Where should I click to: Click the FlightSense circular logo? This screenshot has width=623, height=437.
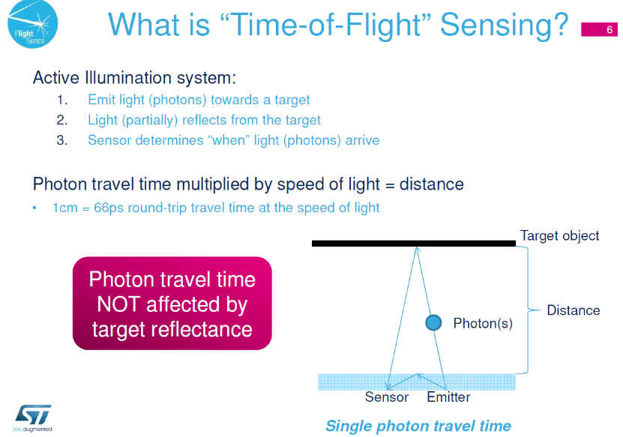(32, 24)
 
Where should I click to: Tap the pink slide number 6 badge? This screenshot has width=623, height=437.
(599, 29)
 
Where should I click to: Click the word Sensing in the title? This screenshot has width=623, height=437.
(505, 25)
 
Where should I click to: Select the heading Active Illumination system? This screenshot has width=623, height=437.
(134, 78)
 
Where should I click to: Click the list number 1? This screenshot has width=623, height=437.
(61, 100)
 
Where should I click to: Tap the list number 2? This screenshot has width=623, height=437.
(61, 120)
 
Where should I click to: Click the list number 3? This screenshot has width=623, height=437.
(61, 140)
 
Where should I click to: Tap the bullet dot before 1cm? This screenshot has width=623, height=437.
(34, 208)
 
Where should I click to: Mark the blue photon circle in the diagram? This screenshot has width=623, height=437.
(433, 322)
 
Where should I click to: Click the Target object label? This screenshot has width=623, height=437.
(559, 236)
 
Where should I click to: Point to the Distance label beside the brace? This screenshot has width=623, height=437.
(574, 310)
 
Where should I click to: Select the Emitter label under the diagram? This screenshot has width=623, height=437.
(448, 397)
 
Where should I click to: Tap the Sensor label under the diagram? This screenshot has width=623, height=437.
(387, 397)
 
